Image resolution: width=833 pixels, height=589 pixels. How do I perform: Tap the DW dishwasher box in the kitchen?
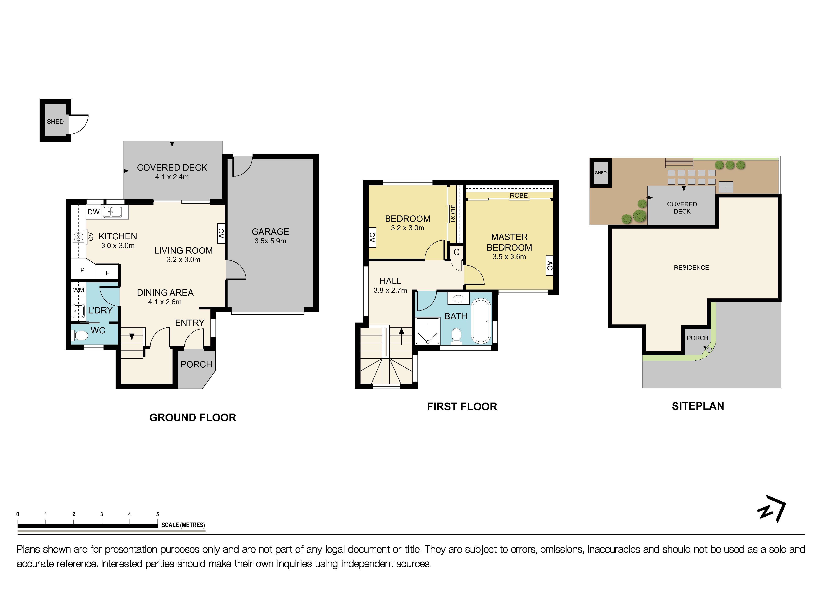(94, 212)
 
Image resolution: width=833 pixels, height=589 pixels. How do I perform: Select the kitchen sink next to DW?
(112, 211)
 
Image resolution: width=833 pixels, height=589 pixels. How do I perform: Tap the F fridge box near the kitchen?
(107, 273)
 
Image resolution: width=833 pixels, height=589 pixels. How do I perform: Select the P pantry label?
(82, 270)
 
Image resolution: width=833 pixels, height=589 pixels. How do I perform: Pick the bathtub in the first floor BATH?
(481, 321)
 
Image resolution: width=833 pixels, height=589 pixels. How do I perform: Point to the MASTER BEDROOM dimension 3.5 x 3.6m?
(509, 257)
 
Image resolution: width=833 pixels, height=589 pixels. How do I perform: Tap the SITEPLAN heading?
(698, 406)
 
